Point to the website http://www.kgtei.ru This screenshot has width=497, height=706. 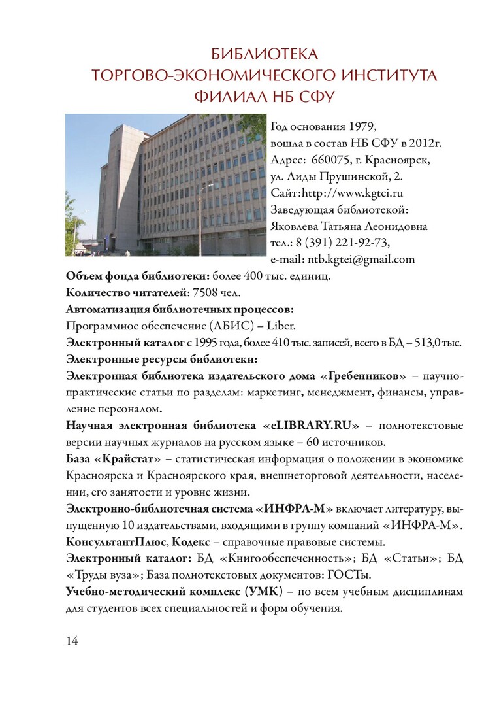tap(351, 193)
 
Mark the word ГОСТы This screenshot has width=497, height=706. tap(357, 575)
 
